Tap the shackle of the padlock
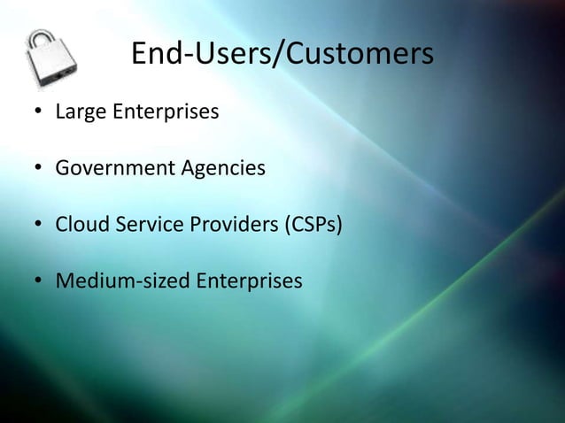44,40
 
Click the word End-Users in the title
197,55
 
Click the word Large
79,113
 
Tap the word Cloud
80,225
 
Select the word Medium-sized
121,281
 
